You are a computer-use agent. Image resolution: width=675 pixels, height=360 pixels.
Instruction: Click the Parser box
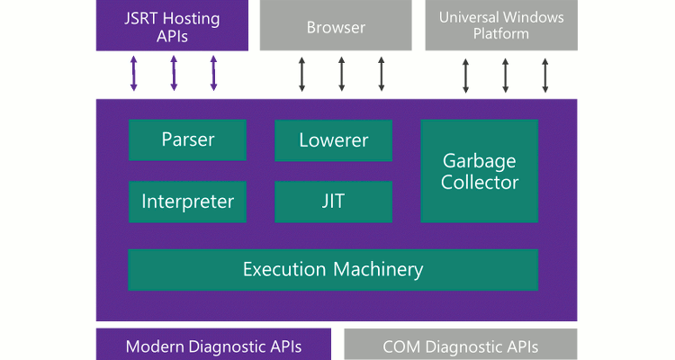[187, 139]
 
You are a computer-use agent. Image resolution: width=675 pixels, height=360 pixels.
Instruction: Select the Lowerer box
[333, 140]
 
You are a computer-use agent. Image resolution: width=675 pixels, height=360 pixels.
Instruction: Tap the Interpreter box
[187, 202]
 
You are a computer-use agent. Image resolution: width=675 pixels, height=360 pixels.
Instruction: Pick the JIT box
[333, 202]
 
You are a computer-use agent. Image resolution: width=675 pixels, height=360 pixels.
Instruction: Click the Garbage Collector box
[480, 171]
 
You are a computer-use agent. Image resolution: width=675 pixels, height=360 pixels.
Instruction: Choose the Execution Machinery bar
[333, 269]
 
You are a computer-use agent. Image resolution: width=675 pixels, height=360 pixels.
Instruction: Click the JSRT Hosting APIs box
[171, 25]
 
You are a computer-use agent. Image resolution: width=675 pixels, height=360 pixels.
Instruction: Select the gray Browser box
[336, 25]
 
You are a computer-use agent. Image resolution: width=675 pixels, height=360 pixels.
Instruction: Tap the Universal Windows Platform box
[500, 25]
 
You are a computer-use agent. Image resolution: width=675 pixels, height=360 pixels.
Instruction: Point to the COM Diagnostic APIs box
[460, 346]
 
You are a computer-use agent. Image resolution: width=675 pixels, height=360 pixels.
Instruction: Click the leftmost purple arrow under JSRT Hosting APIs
[134, 74]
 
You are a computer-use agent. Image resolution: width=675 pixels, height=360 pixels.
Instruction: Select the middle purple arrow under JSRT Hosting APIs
[174, 74]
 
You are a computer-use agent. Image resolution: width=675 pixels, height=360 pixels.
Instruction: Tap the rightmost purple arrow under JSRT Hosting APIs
[213, 74]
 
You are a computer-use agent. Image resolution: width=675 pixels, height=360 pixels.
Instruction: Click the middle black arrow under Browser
[341, 74]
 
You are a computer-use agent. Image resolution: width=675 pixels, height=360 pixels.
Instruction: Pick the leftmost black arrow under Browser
[301, 74]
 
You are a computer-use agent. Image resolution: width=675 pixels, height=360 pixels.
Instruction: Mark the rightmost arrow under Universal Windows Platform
[545, 76]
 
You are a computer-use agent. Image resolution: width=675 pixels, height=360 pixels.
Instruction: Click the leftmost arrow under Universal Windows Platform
[465, 76]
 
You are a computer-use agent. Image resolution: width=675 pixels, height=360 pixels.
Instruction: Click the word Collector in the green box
[480, 183]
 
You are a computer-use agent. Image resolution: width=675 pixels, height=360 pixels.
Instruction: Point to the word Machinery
[379, 269]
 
